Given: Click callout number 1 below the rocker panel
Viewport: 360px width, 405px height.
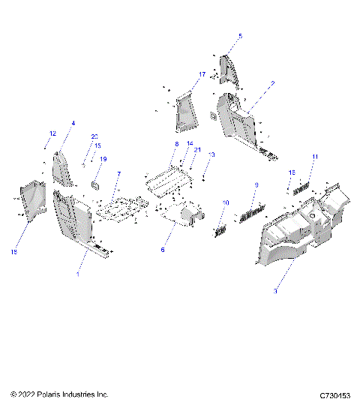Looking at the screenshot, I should point(79,275).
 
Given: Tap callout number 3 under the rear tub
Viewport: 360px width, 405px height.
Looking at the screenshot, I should point(276,290).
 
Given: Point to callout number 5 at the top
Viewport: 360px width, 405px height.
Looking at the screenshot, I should point(241,36).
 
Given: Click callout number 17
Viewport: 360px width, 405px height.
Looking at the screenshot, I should point(202,75).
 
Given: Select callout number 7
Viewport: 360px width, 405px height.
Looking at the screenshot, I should point(118,174).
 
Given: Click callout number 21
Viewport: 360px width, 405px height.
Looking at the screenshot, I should point(197,150).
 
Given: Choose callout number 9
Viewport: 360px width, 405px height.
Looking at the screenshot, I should point(256,184).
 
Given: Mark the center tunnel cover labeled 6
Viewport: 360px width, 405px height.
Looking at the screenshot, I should point(184,214).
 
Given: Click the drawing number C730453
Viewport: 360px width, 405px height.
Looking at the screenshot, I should point(334,394).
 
